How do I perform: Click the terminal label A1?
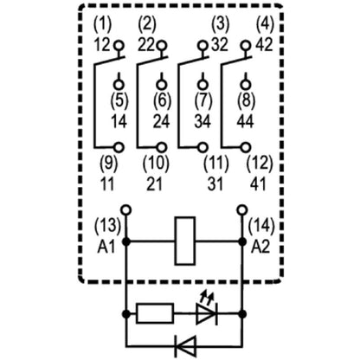click(106, 245)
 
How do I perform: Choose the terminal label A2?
click(260, 245)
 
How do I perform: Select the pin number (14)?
click(261, 228)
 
